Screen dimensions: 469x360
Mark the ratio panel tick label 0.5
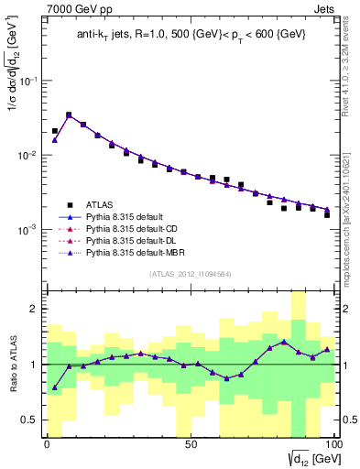click(x=28, y=420)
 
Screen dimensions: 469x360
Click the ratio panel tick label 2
click(x=34, y=310)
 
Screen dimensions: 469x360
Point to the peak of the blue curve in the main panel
click(x=69, y=116)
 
